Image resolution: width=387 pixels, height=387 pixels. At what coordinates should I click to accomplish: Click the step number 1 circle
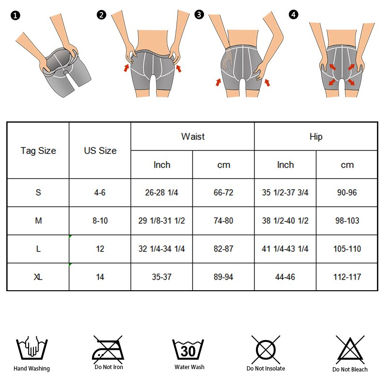click(x=15, y=15)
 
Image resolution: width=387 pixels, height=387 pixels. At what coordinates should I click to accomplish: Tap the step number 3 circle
click(x=199, y=15)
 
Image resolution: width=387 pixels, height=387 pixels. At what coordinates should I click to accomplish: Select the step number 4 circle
click(x=294, y=15)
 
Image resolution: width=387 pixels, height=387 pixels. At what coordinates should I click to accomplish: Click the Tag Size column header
click(x=38, y=150)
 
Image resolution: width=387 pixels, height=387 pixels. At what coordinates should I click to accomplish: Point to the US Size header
click(x=100, y=150)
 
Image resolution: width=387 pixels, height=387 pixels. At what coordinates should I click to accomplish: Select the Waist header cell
click(x=193, y=136)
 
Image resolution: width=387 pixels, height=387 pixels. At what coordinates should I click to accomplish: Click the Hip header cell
click(x=316, y=136)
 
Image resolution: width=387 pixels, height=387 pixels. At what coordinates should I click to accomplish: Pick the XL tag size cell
click(x=38, y=277)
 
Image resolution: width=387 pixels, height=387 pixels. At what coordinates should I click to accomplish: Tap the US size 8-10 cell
click(x=100, y=221)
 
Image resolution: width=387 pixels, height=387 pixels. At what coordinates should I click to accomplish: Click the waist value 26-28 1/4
click(x=162, y=193)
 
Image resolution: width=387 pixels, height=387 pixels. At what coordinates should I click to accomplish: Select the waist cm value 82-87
click(x=223, y=249)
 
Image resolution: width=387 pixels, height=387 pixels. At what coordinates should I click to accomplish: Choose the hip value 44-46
click(x=285, y=277)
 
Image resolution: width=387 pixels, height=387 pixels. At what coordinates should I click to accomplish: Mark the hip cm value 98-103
click(x=347, y=221)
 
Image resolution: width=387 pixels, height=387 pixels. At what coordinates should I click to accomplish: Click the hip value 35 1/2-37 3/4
click(x=285, y=193)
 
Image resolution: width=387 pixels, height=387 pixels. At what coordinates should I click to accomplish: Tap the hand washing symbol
click(x=32, y=347)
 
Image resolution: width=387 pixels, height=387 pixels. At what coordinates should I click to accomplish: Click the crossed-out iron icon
click(x=108, y=349)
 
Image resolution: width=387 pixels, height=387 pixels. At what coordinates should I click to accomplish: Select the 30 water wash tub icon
click(x=188, y=349)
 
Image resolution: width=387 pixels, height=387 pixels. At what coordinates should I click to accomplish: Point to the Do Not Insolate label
click(x=266, y=369)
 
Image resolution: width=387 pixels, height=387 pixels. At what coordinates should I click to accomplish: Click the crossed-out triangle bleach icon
click(x=350, y=349)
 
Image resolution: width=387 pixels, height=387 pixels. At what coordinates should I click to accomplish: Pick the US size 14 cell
click(x=100, y=277)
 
